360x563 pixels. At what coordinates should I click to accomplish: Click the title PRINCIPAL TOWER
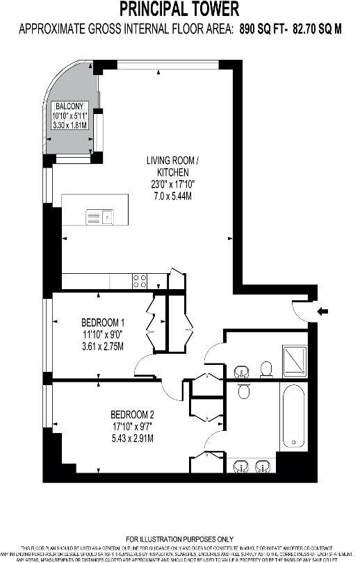click(x=179, y=9)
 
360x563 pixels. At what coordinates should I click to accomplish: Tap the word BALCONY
click(x=70, y=106)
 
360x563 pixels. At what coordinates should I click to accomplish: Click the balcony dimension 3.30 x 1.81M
click(x=72, y=126)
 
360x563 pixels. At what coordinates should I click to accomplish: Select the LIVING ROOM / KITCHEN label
click(x=172, y=165)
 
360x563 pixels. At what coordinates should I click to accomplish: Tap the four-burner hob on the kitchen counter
click(x=140, y=281)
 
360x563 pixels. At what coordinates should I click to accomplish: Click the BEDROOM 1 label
click(x=103, y=323)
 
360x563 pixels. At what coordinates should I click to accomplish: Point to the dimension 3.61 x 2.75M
click(x=103, y=346)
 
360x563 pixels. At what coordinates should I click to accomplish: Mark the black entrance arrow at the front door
click(x=322, y=311)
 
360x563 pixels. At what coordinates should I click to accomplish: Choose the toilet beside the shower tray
click(x=265, y=366)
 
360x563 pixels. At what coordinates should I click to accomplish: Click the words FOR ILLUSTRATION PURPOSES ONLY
click(x=179, y=539)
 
